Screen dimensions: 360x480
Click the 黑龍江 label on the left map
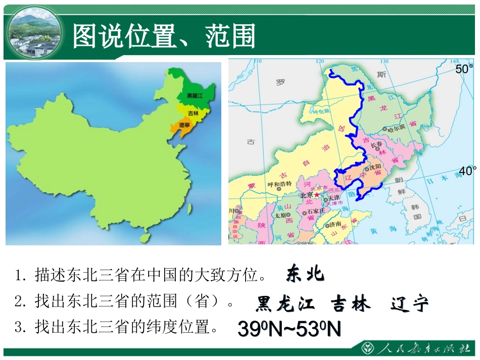click(195, 95)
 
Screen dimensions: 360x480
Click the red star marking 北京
click(317, 195)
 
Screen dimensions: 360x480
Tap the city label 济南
click(335, 224)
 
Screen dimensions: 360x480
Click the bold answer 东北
click(305, 274)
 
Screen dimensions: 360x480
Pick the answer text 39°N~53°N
click(289, 330)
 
